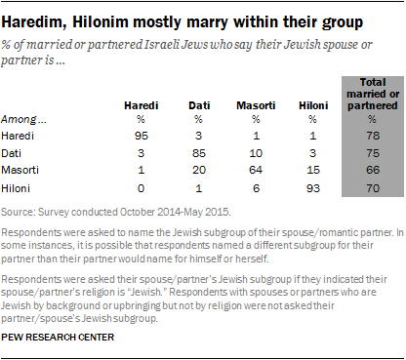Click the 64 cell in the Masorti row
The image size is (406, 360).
point(255,167)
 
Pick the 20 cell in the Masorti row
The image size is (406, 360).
point(199,167)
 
